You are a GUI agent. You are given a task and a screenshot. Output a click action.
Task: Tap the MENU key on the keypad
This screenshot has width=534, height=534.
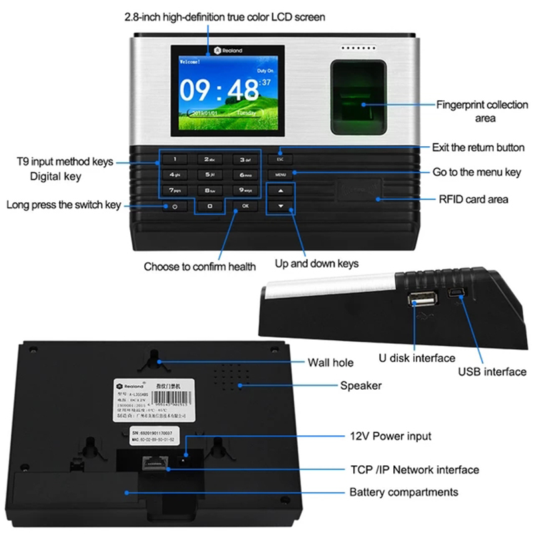coord(280,174)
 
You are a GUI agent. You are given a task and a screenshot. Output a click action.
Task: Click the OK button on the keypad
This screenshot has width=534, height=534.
coord(246,206)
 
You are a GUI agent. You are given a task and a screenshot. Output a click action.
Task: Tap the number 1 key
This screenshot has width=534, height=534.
coord(175,160)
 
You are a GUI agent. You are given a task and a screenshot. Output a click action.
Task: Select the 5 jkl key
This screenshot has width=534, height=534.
coord(210,175)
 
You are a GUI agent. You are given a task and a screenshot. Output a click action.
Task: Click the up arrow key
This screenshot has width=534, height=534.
coord(281,191)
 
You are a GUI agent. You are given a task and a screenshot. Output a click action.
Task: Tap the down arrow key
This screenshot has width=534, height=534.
coord(281,206)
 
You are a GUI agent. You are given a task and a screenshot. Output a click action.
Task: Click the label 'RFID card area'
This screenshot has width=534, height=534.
coord(473,199)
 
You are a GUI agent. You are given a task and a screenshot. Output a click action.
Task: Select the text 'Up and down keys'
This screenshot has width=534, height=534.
coord(316,263)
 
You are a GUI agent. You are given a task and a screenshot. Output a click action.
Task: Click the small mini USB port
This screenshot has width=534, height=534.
coord(458,294)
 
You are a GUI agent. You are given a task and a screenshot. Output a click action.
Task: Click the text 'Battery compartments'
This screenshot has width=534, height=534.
coord(404,492)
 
